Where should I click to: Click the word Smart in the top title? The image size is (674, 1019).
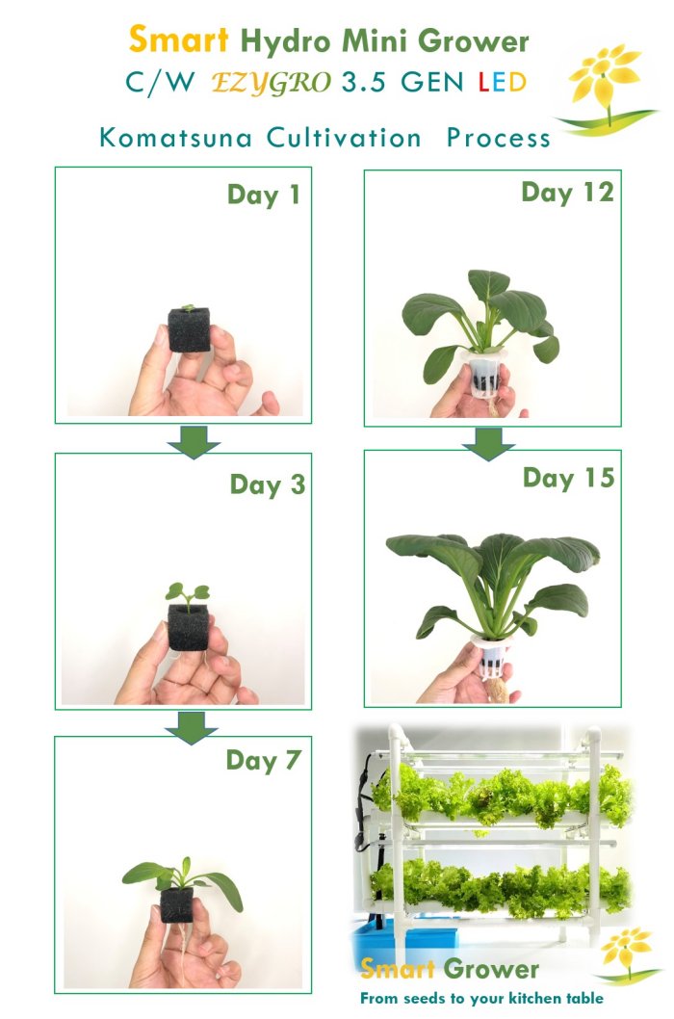point(179,39)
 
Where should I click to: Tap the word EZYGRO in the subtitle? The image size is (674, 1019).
point(271,83)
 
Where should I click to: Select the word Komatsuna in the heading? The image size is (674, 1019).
point(175,138)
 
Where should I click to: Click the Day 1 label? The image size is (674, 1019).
point(264,195)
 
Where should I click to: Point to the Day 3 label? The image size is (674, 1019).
point(267,484)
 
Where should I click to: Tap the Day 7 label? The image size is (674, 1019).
point(263,760)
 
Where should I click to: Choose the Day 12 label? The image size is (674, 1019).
point(567,193)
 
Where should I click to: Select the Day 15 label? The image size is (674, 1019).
point(569,478)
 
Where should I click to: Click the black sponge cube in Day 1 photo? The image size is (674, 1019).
point(189,329)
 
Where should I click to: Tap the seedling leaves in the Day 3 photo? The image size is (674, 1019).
point(187,592)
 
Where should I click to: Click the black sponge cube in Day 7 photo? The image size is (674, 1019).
point(177,904)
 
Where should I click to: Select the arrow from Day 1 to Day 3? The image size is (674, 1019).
point(193,442)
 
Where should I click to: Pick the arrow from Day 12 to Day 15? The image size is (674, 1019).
point(488,444)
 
